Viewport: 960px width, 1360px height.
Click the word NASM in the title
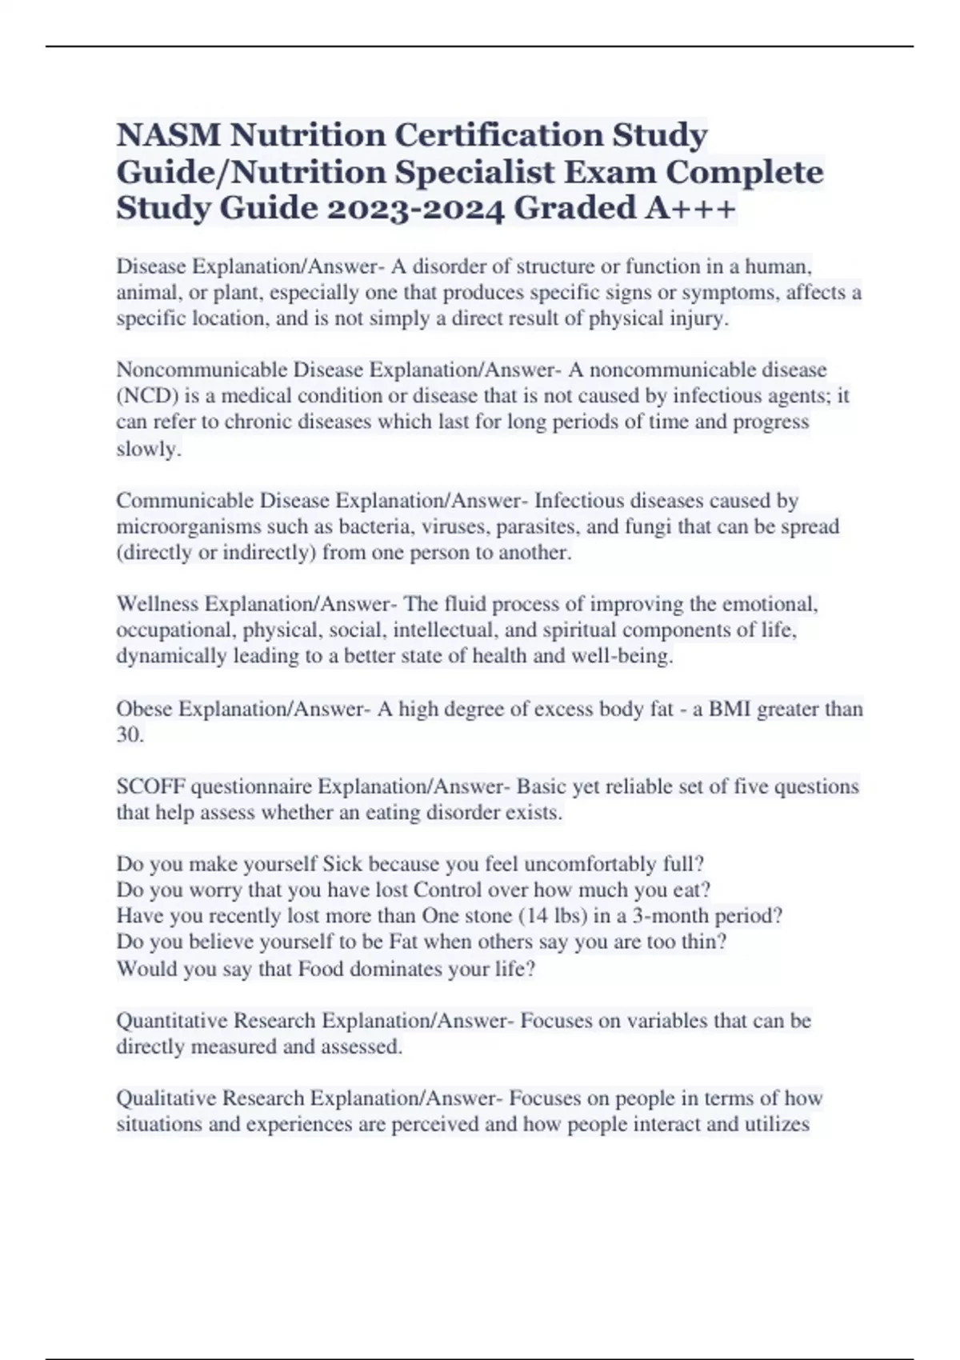point(168,135)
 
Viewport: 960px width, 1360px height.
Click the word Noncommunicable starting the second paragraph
point(202,370)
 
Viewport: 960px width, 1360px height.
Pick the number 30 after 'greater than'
point(128,735)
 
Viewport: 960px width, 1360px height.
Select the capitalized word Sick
point(342,864)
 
